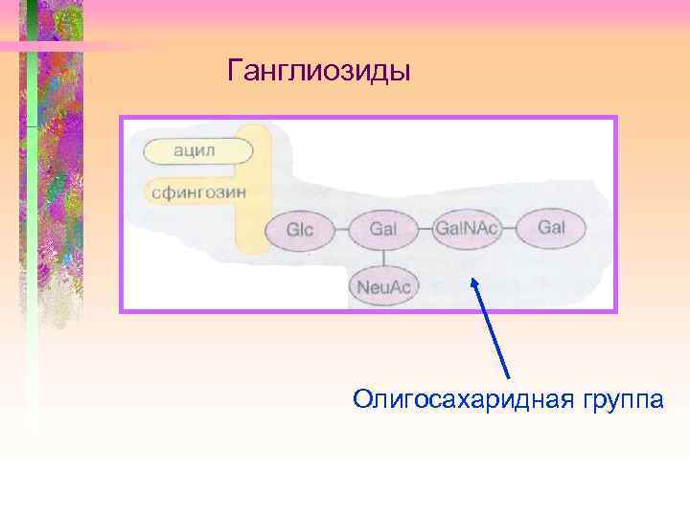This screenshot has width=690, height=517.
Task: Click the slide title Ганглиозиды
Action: pyautogui.click(x=319, y=71)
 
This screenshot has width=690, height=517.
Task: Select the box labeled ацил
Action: pyautogui.click(x=198, y=150)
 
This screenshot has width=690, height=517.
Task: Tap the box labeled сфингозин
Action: pyautogui.click(x=198, y=191)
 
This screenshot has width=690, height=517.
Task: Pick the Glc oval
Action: pyautogui.click(x=300, y=230)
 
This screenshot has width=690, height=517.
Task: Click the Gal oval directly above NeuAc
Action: pyautogui.click(x=382, y=230)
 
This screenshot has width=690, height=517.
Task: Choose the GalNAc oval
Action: pyautogui.click(x=466, y=229)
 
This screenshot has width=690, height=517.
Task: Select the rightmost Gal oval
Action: pyautogui.click(x=552, y=228)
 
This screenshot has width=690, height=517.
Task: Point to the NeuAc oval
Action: pyautogui.click(x=382, y=286)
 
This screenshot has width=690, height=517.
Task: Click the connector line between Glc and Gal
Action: pyautogui.click(x=341, y=230)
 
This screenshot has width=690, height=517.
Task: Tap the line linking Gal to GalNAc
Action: pyautogui.click(x=425, y=230)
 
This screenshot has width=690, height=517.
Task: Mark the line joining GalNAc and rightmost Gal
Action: pyautogui.click(x=510, y=229)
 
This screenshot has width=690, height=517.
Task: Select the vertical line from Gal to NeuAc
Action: pyautogui.click(x=382, y=258)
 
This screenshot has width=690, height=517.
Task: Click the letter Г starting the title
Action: pyautogui.click(x=235, y=71)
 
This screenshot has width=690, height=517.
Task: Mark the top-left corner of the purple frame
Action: pyautogui.click(x=121, y=118)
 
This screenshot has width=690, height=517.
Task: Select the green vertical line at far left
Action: pyautogui.click(x=32, y=239)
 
